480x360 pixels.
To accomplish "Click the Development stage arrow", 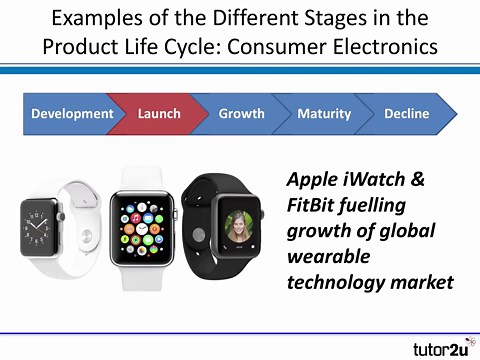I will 70,114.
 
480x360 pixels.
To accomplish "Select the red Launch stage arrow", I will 158,114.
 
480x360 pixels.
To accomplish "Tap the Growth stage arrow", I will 241,114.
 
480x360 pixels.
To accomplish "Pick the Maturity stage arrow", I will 323,114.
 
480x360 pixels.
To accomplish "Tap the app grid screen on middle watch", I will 147,223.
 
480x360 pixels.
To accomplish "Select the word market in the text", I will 421,282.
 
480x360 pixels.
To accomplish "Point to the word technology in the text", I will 336,282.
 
